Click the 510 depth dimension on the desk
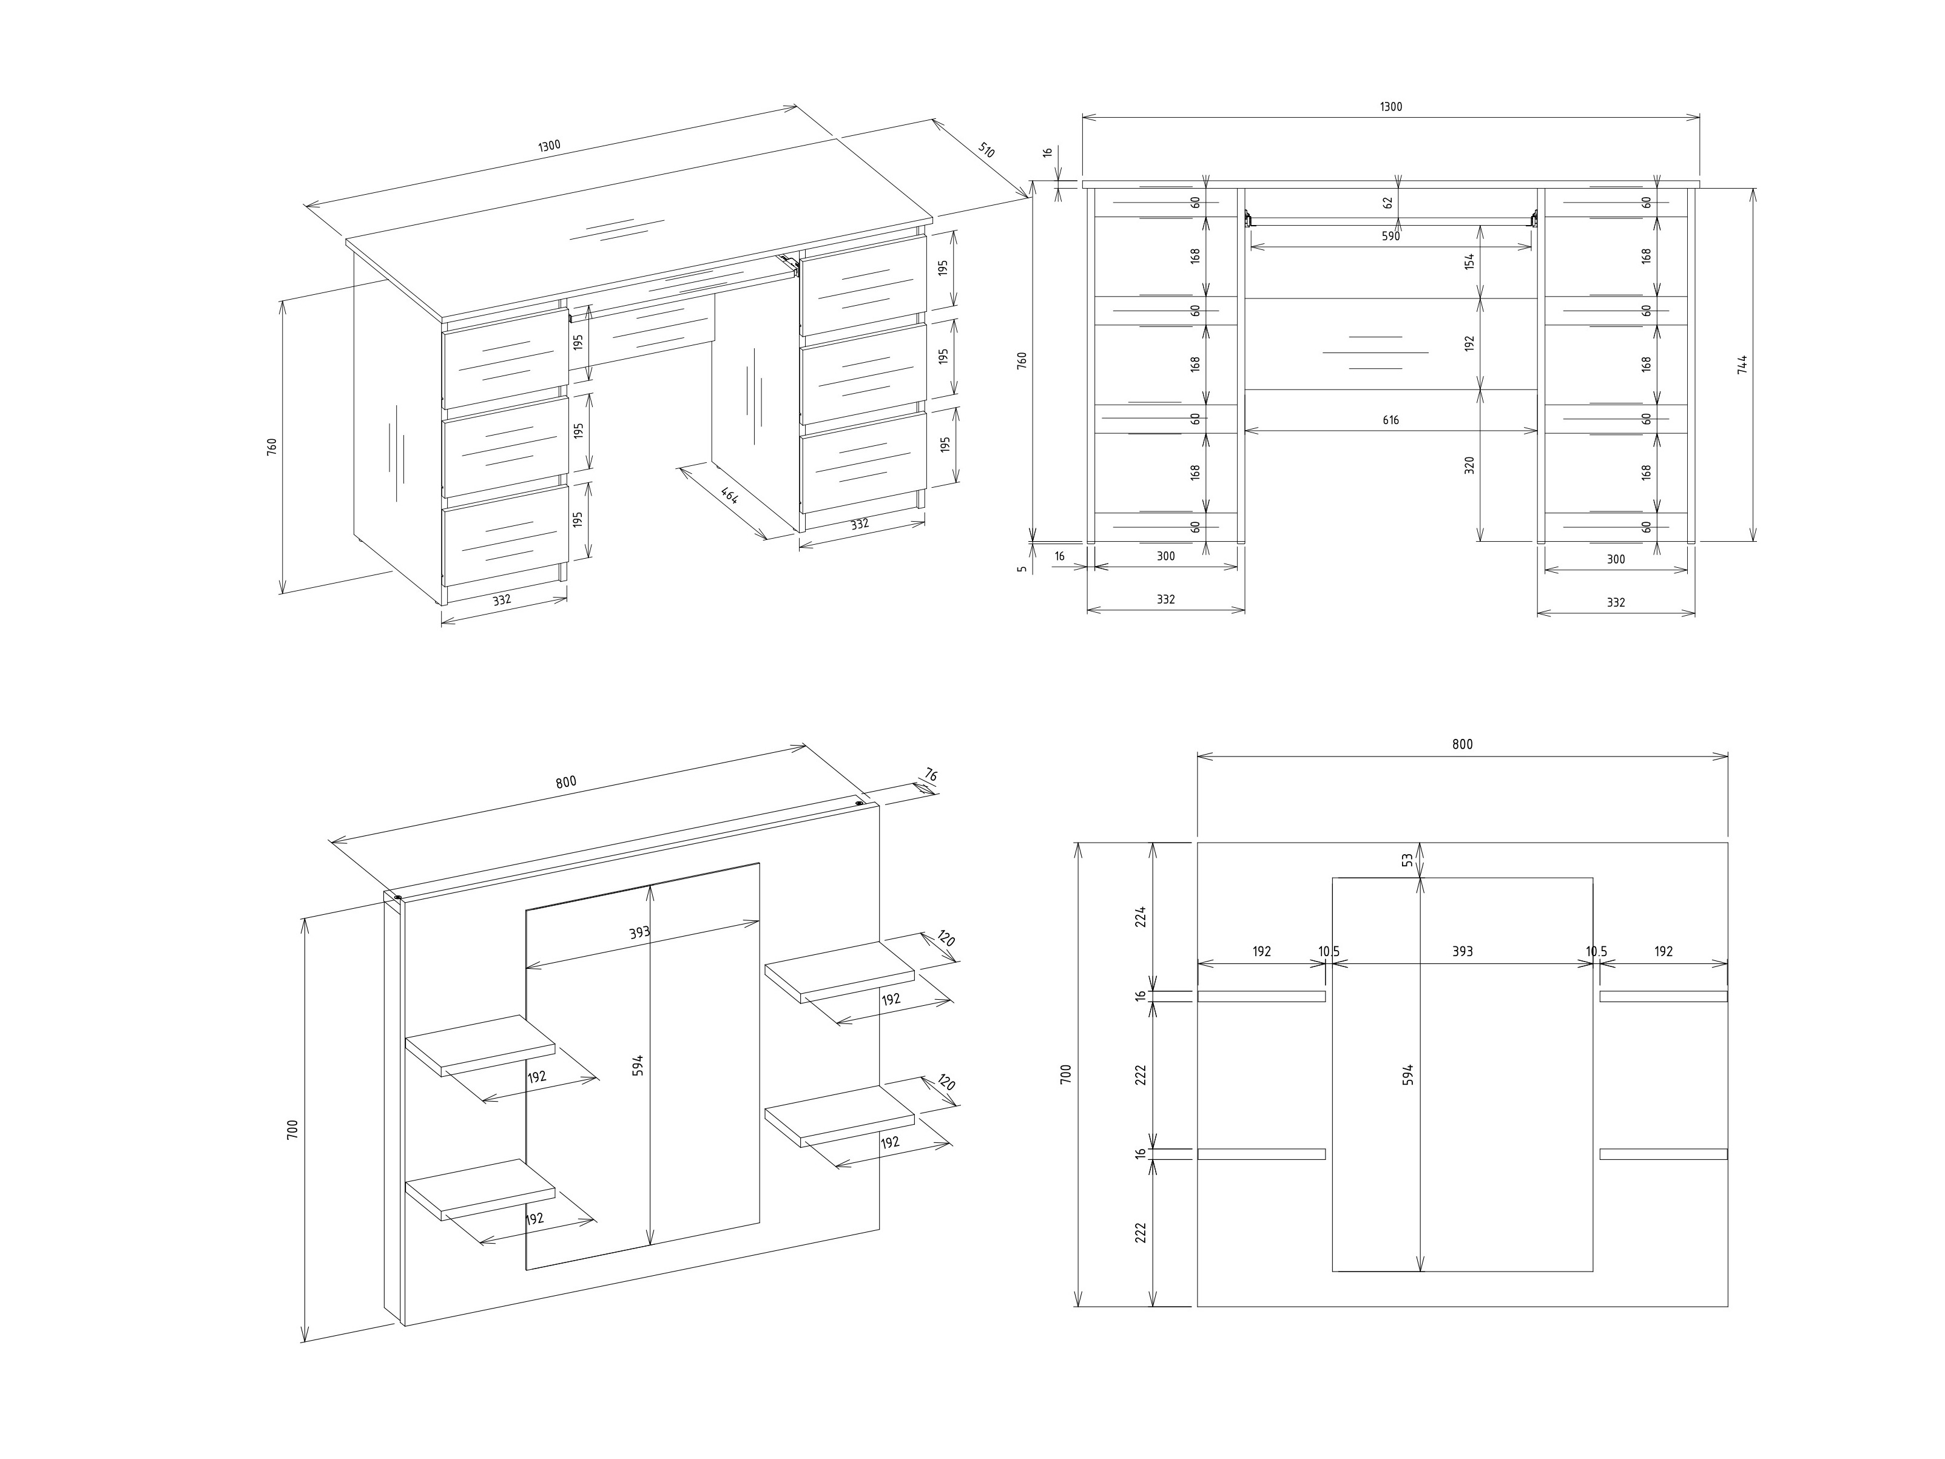986,150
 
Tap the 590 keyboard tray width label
1390,237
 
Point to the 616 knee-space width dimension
1390,420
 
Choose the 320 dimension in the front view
1469,465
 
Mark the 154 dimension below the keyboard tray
1469,261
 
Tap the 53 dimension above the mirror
1407,859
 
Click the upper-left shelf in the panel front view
1261,996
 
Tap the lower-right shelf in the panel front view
1663,1154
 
